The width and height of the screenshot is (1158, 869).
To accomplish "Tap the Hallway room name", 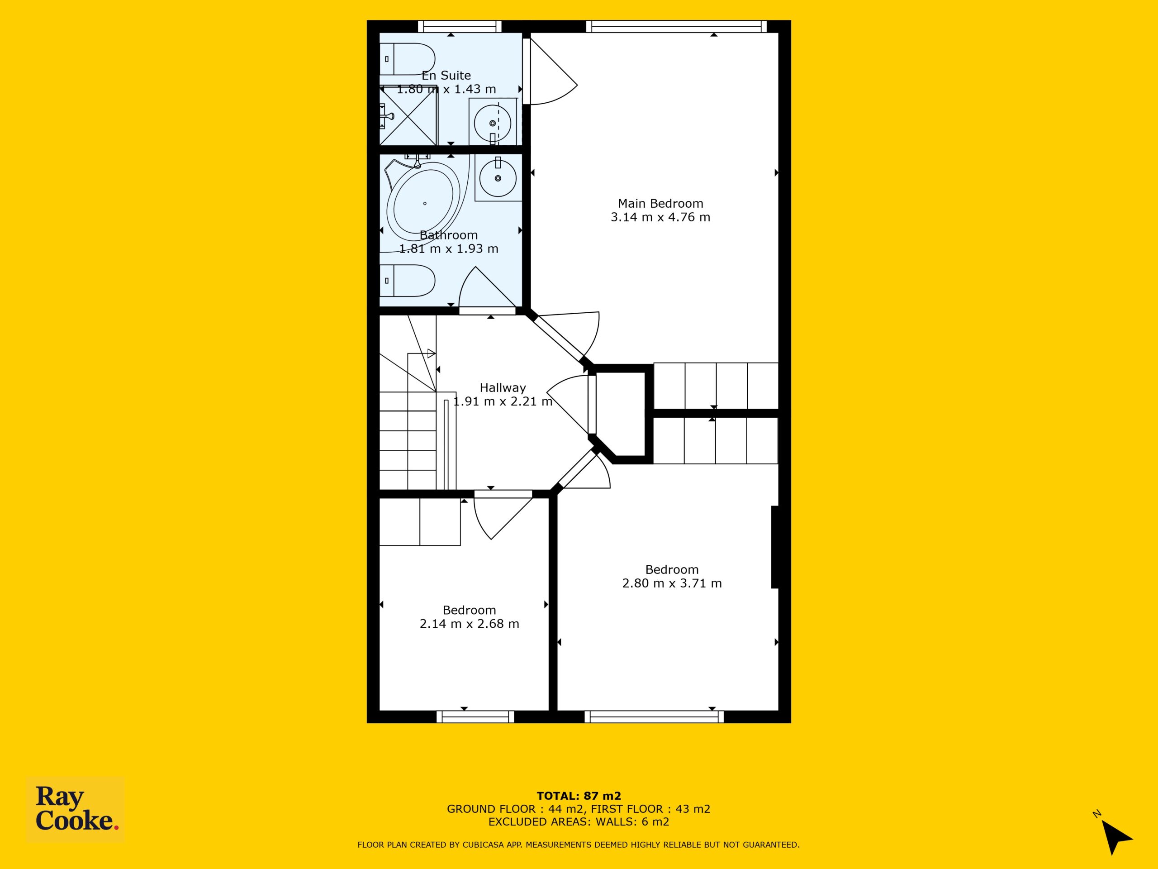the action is [x=503, y=387].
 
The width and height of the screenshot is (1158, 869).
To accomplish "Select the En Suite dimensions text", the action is [x=446, y=89].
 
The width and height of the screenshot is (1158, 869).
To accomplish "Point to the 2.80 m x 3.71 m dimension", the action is [x=672, y=583].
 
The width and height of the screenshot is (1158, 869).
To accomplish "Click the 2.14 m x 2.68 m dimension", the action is [x=469, y=624].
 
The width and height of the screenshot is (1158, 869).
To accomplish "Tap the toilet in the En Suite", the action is [x=407, y=59].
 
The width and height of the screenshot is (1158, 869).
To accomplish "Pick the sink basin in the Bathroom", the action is [x=498, y=178].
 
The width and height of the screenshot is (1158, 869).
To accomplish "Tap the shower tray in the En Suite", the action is [x=408, y=116].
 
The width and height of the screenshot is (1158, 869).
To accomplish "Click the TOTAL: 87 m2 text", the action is [x=579, y=797].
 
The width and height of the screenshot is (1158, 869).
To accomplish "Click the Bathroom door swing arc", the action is [x=487, y=288].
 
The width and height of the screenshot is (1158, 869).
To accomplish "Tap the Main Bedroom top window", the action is [x=676, y=26].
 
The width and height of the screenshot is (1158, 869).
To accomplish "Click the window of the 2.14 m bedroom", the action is [x=475, y=716].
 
